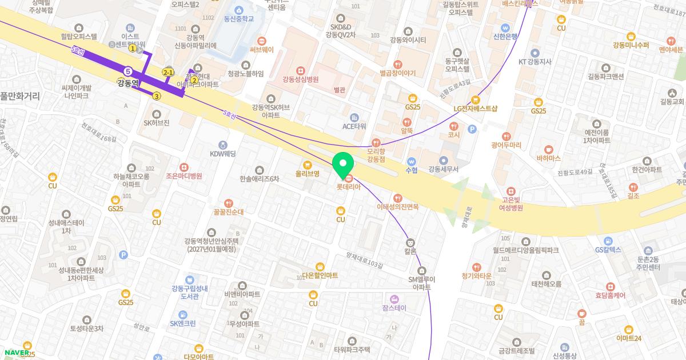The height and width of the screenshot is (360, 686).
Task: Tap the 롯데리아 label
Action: pyautogui.click(x=348, y=186)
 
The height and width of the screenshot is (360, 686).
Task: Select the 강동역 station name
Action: pyautogui.click(x=129, y=83)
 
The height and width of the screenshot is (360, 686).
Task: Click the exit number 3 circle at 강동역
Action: pyautogui.click(x=157, y=96)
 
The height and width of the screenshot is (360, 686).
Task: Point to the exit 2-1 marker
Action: pyautogui.click(x=168, y=73)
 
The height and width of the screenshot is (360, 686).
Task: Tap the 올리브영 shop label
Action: pyautogui.click(x=307, y=173)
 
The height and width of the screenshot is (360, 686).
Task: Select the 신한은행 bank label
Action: pyautogui.click(x=505, y=36)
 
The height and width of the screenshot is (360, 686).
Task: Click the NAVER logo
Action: pyautogui.click(x=16, y=353)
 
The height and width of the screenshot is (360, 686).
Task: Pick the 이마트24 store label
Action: pyautogui.click(x=629, y=338)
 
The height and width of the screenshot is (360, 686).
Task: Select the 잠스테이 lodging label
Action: pyautogui.click(x=394, y=307)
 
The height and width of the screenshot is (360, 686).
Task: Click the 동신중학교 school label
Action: pyautogui.click(x=238, y=19)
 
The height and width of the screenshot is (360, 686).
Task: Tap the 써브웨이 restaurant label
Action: pyautogui.click(x=262, y=50)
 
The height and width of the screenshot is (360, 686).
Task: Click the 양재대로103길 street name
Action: pyautogui.click(x=364, y=260)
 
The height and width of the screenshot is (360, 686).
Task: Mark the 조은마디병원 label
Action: pyautogui.click(x=184, y=175)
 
